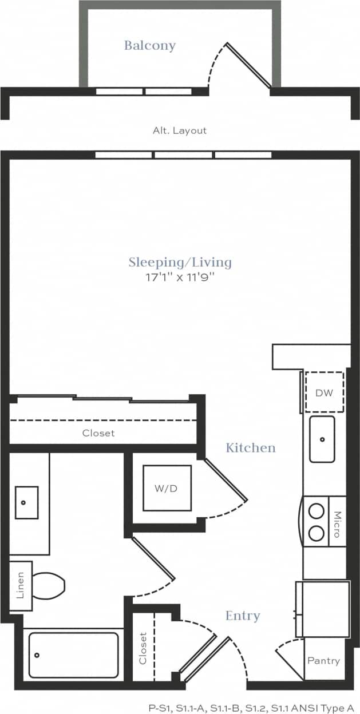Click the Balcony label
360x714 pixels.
[150, 45]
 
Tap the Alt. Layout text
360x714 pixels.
[179, 130]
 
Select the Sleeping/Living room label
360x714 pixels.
[180, 263]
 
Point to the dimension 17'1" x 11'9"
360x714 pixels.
[180, 279]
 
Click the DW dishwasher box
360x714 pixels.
[324, 392]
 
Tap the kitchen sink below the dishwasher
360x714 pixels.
[322, 439]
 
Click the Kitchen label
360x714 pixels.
[251, 447]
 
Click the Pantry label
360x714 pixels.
[324, 660]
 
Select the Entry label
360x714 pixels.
[243, 616]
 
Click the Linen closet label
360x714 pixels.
[20, 585]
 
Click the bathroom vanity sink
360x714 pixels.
[26, 502]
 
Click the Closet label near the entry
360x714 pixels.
[143, 648]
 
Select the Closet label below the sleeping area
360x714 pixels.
[98, 433]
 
